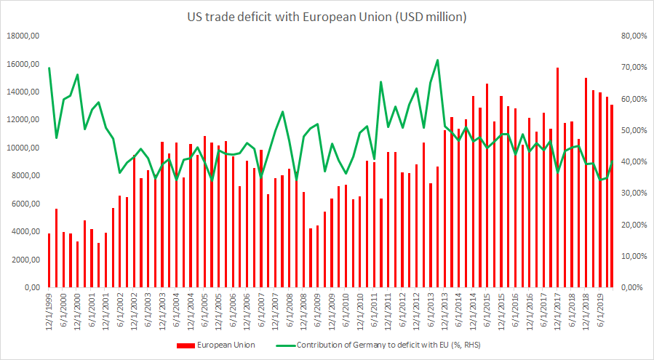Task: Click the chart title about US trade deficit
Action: [327, 16]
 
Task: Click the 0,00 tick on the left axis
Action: [31, 288]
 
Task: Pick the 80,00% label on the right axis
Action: [630, 36]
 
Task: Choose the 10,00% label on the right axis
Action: [630, 257]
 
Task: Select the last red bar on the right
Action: [612, 196]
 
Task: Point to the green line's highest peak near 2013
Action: [437, 60]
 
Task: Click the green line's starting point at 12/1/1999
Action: [49, 68]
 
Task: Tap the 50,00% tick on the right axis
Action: [630, 130]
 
